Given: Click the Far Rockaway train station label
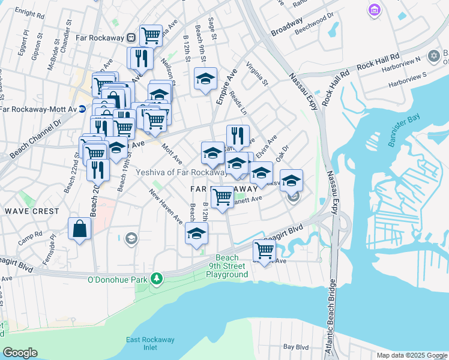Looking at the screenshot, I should pos(100,37).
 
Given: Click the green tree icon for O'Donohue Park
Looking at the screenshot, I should pos(157,279).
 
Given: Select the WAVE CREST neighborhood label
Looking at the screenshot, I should pos(32,211).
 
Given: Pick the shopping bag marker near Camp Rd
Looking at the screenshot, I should pos(80,229).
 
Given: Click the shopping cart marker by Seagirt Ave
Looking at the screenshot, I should pos(264,250).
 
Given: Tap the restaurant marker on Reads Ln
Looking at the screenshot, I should pos(238,136).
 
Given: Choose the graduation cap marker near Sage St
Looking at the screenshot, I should pos(205,79).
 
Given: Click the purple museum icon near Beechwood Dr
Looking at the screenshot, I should pos(375,10).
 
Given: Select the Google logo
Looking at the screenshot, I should pos(20,353).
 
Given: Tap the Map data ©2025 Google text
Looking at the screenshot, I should pos(411,355).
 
